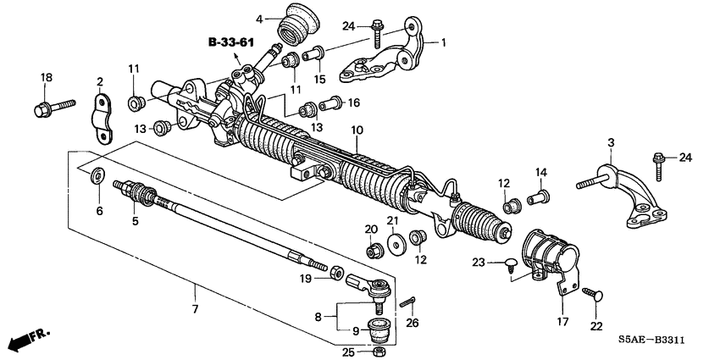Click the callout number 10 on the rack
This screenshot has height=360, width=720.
point(357,130)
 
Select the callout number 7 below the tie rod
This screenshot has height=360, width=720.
point(195,309)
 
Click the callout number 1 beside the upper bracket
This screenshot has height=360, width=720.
point(440,42)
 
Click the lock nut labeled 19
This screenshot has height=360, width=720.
point(335,272)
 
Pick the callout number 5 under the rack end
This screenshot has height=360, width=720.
point(134,221)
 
